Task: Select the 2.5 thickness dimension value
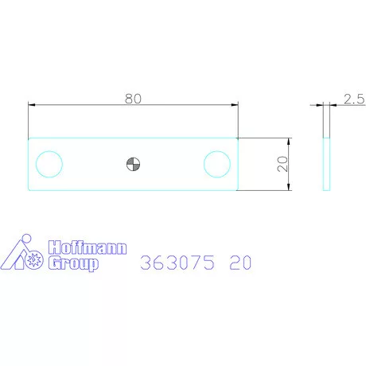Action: click(x=354, y=99)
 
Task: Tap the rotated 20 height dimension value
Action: click(x=281, y=164)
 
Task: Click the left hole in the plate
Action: click(x=49, y=164)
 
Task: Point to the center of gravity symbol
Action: click(x=133, y=164)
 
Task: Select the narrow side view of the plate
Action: click(x=325, y=164)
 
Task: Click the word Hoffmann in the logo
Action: click(x=87, y=248)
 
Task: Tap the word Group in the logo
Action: click(x=73, y=263)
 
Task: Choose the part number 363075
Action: click(x=177, y=263)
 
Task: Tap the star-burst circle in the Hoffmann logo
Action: click(x=35, y=259)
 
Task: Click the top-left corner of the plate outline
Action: click(x=28, y=138)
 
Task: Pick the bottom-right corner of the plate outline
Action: click(x=238, y=189)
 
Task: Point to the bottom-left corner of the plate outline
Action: click(x=28, y=189)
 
